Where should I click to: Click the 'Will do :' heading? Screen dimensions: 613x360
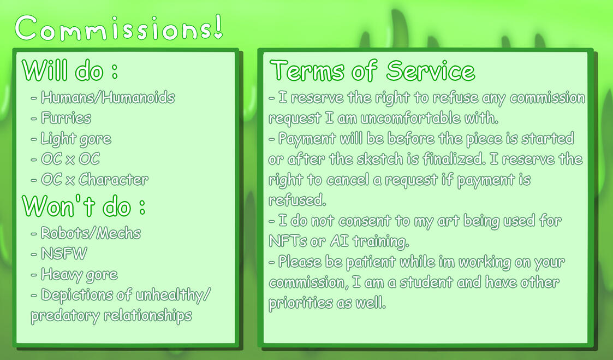70,70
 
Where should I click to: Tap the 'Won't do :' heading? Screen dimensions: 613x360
84,205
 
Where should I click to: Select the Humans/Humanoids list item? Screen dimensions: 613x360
108,97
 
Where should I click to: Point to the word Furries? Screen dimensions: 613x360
66,118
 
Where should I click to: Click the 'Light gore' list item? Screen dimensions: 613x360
76,139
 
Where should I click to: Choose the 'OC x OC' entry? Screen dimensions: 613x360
70,159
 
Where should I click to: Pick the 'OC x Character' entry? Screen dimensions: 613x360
94,179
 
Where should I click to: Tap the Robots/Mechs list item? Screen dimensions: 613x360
91,233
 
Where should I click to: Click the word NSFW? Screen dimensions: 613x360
64,253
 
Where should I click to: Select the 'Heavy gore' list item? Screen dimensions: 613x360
79,275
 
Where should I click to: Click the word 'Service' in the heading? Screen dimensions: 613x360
431,71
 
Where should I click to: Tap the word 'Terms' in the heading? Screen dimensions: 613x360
307,71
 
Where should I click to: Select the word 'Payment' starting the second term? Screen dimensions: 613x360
307,139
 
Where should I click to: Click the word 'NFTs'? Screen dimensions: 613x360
288,241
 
